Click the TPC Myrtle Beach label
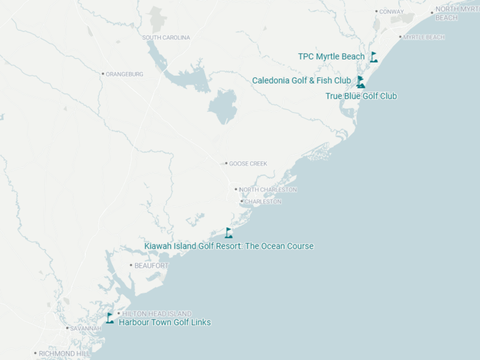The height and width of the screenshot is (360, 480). (331, 57)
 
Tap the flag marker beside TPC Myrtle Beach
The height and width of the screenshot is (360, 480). (374, 57)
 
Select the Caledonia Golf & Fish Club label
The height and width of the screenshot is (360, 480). (301, 80)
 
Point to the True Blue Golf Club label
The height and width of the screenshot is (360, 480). (361, 96)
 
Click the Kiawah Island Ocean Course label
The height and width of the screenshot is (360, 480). (229, 246)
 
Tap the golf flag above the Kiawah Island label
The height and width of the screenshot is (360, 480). (229, 233)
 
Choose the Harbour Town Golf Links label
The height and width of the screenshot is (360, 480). (164, 322)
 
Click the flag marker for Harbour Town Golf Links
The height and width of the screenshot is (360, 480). (110, 318)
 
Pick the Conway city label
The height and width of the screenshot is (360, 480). (391, 11)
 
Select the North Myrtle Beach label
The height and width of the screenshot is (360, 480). (456, 13)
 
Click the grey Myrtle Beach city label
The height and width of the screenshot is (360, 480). (424, 37)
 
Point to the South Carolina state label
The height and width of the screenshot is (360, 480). (166, 38)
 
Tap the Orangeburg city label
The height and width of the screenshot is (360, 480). (124, 74)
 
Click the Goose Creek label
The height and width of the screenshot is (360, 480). (248, 164)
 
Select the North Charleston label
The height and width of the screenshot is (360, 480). (268, 190)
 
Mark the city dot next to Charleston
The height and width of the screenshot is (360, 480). (241, 202)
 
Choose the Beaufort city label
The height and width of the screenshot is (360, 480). (151, 265)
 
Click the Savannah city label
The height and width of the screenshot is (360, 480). (85, 329)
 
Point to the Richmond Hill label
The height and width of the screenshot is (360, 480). (64, 354)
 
